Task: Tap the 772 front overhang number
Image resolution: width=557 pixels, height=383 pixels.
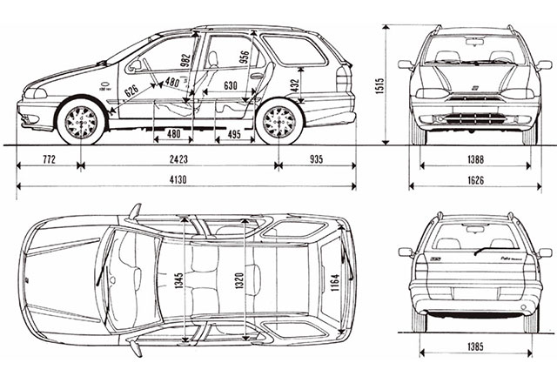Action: [49, 159]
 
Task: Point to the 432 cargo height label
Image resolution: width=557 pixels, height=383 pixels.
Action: [296, 84]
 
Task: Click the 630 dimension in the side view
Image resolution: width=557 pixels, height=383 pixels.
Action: [230, 86]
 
